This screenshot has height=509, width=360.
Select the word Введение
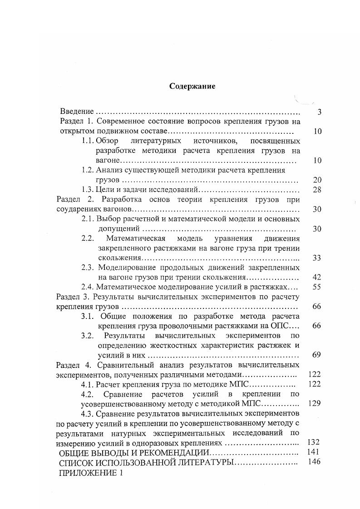click(77, 112)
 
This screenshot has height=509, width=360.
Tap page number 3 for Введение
click(320, 112)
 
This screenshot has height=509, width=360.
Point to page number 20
click(317, 180)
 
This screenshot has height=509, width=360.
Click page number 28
click(317, 190)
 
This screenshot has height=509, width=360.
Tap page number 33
click(317, 258)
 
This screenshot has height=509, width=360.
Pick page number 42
click(317, 277)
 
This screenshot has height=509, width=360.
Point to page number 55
click(317, 287)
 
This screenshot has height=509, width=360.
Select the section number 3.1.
click(88, 316)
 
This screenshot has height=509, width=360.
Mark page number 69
click(317, 355)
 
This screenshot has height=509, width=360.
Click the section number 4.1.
click(88, 384)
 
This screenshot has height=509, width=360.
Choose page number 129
click(315, 404)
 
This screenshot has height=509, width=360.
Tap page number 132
click(315, 442)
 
